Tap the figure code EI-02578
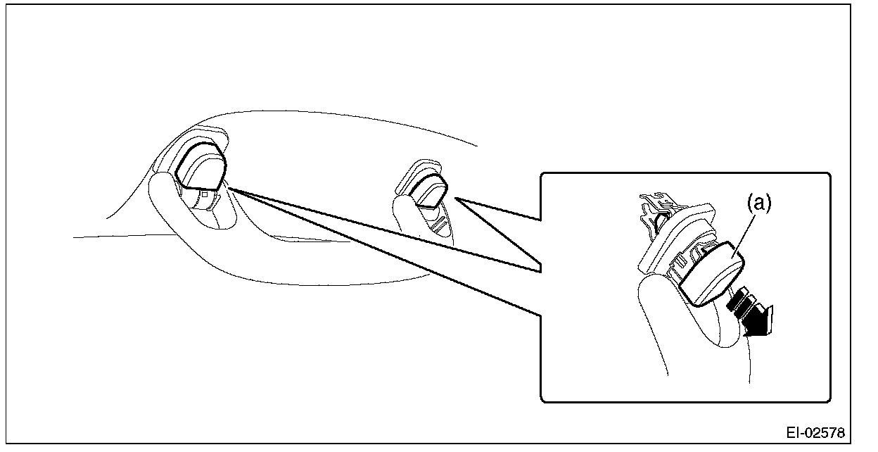click(x=815, y=431)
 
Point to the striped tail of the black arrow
click(x=737, y=302)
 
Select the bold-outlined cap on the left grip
click(x=203, y=165)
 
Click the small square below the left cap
click(x=203, y=194)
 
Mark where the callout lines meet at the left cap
click(x=229, y=188)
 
